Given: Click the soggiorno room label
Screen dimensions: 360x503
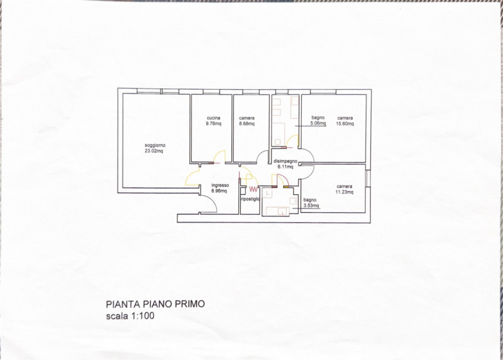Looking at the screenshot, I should [154, 146].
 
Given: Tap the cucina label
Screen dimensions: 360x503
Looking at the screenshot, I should [213, 118].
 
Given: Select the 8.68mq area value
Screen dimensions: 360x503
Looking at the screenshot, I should [247, 124].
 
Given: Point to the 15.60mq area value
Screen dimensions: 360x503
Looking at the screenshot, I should [345, 124].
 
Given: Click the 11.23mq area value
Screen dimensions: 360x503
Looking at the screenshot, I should [345, 192].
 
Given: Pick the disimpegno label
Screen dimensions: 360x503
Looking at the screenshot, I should [285, 161].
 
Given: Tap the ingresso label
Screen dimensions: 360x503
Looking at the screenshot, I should [220, 185].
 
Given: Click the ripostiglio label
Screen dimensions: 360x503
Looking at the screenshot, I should [250, 199].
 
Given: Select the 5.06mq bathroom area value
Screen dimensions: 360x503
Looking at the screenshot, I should [318, 124].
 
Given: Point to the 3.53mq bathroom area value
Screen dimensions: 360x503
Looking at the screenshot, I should [311, 205].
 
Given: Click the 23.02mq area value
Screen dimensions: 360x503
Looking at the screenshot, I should [154, 151].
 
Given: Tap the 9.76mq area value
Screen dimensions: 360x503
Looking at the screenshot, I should [213, 124].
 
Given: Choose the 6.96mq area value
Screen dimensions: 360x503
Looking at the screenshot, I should [220, 190].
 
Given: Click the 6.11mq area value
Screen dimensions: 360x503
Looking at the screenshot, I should [285, 167].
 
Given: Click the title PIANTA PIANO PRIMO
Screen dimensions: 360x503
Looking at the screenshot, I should [155, 304].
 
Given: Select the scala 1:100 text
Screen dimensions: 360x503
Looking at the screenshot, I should [130, 316].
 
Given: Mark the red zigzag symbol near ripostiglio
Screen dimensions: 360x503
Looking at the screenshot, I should [253, 188].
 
